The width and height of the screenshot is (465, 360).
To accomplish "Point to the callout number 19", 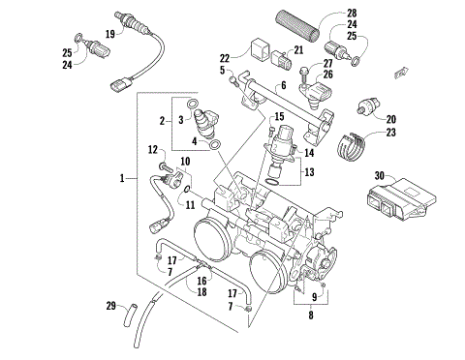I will pyautogui.click(x=110, y=34).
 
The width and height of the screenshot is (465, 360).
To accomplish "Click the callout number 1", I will pyautogui.click(x=122, y=179).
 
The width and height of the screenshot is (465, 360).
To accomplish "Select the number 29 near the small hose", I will pyautogui.click(x=111, y=306).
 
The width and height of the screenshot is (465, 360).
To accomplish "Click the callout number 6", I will pyautogui.click(x=284, y=85).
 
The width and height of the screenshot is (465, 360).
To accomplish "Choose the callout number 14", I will pyautogui.click(x=310, y=152).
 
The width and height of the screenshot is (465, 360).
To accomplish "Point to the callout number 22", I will pyautogui.click(x=225, y=58).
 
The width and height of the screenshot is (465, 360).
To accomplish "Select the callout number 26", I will pyautogui.click(x=326, y=73).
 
